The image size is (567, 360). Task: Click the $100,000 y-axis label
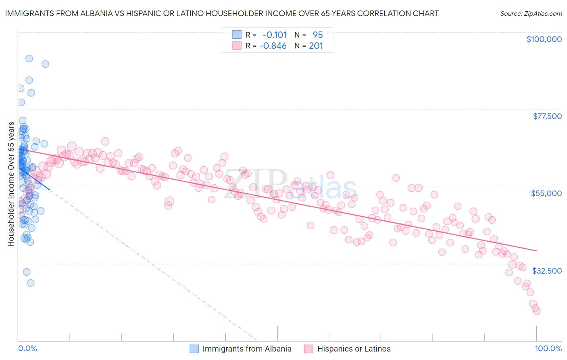544,39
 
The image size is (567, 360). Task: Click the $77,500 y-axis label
547,116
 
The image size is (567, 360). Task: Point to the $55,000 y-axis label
546,193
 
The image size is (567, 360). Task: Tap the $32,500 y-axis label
547,271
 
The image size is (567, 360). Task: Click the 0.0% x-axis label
27,349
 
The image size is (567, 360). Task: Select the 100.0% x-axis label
548,349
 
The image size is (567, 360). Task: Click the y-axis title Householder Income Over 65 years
11,184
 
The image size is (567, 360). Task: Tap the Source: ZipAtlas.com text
531,13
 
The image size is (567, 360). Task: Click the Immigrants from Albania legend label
247,349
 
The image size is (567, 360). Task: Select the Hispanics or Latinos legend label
354,349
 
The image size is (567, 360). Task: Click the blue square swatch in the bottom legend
194,349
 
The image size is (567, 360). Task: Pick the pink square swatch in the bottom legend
309,349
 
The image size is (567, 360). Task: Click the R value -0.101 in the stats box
275,35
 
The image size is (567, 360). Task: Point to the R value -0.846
273,46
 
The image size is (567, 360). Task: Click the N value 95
318,35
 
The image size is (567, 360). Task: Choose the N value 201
316,46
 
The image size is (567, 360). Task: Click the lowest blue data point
31,283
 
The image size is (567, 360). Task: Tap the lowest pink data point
537,311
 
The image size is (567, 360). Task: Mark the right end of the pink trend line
537,251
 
